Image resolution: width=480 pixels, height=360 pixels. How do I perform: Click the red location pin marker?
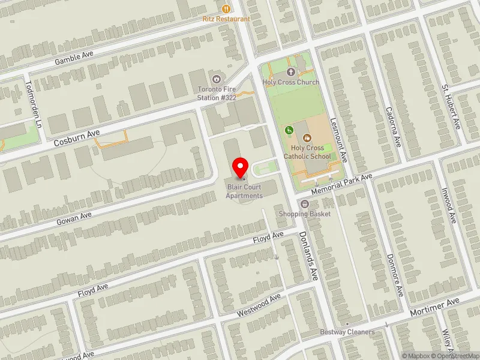[241, 167]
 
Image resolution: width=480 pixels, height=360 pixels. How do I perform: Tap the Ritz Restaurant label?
[226, 19]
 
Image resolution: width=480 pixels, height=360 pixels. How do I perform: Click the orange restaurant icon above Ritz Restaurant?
[226, 8]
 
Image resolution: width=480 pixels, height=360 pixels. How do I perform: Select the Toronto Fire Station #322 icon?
[216, 79]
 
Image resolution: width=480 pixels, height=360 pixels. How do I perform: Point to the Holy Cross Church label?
[291, 82]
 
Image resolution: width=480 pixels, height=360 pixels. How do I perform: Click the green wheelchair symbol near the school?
[289, 130]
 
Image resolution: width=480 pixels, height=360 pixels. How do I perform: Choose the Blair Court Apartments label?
[244, 192]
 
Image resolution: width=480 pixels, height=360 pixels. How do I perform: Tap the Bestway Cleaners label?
[347, 332]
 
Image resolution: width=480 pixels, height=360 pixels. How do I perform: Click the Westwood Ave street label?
[259, 306]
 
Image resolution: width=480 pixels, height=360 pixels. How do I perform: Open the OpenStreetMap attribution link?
[455, 356]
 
